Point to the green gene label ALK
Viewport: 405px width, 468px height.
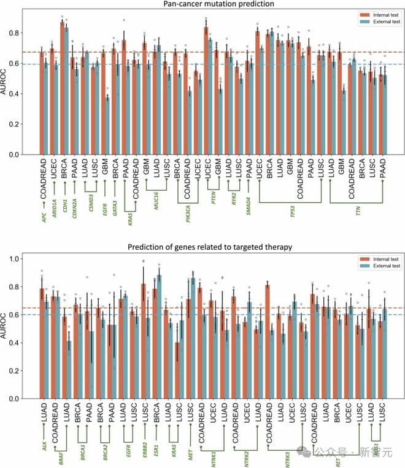pos(44,446)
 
